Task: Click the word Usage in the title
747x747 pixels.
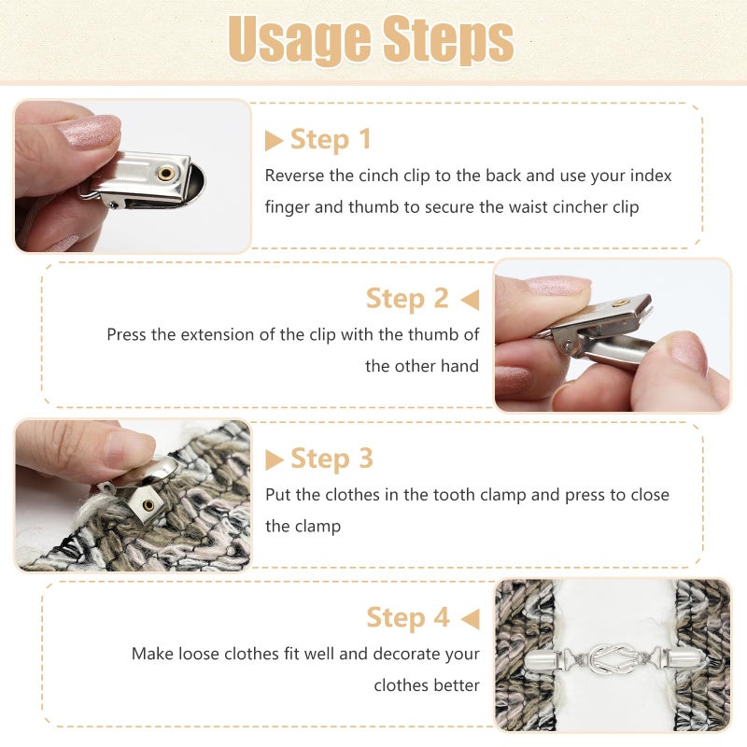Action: (300, 39)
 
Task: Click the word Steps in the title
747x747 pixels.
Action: (448, 39)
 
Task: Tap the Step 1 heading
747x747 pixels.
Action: (331, 139)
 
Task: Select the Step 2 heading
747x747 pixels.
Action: (407, 299)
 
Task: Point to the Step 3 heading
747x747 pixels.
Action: (331, 458)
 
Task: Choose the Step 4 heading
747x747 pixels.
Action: (408, 618)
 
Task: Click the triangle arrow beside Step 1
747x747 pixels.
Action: (274, 141)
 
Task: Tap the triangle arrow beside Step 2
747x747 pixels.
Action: (470, 300)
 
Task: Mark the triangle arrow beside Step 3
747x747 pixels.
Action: (274, 459)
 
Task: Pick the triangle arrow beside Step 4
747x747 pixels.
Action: (471, 619)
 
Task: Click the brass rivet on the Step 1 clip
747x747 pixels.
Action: (166, 174)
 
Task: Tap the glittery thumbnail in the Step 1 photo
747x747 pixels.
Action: (89, 131)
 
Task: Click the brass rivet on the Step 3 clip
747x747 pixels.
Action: (148, 505)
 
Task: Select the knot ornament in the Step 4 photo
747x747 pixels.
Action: (613, 659)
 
